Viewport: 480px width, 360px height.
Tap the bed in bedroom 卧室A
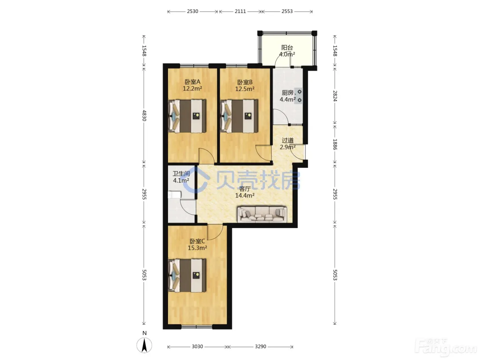[187, 116]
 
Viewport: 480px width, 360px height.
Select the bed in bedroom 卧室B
[239, 116]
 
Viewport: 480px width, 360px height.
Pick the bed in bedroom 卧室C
[187, 275]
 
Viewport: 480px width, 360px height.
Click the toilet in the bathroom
[174, 194]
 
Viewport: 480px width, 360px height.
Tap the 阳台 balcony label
[287, 47]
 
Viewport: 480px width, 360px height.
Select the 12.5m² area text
[245, 89]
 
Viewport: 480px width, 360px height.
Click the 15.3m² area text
[197, 248]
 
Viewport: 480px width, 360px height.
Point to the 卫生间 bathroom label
[181, 174]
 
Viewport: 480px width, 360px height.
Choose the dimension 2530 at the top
[192, 11]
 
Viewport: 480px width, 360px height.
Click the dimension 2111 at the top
[240, 11]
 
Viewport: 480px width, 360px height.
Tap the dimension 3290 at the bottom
[261, 346]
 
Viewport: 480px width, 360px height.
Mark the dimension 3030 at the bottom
[197, 346]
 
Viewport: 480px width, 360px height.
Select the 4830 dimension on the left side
[144, 116]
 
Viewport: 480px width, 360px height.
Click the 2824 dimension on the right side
[335, 96]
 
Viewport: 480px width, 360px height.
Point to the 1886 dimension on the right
[335, 144]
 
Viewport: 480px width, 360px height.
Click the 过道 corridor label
[288, 140]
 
